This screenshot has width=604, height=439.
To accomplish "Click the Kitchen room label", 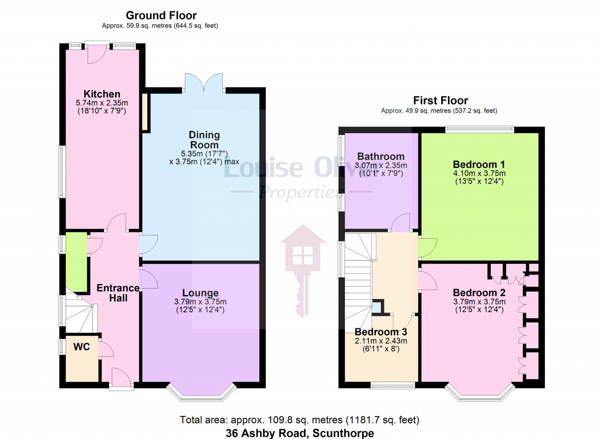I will pyautogui.click(x=102, y=94).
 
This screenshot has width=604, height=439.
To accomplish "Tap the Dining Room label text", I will pyautogui.click(x=204, y=140).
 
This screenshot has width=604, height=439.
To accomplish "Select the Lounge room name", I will pyautogui.click(x=200, y=293).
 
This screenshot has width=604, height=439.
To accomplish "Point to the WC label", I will pyautogui.click(x=82, y=347).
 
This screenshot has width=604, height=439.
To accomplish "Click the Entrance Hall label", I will pyautogui.click(x=118, y=293).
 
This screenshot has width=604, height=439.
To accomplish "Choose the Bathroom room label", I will pyautogui.click(x=381, y=157).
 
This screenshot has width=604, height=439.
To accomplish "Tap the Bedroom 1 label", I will pyautogui.click(x=479, y=164).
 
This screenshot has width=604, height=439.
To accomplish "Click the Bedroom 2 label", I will pyautogui.click(x=479, y=293).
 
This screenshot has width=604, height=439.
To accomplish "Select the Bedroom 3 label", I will pyautogui.click(x=381, y=332).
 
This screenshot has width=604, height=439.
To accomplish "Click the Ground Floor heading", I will pyautogui.click(x=161, y=15).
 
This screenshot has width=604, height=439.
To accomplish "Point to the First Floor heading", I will pyautogui.click(x=441, y=100).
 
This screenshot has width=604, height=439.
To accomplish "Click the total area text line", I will pyautogui.click(x=299, y=420).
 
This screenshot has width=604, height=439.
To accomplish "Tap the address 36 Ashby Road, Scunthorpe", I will pyautogui.click(x=300, y=433).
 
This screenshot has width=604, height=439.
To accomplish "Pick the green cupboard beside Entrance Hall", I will pyautogui.click(x=77, y=262).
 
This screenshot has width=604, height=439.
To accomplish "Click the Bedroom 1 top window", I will pyautogui.click(x=479, y=129).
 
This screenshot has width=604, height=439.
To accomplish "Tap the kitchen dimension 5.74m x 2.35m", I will pyautogui.click(x=102, y=103).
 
